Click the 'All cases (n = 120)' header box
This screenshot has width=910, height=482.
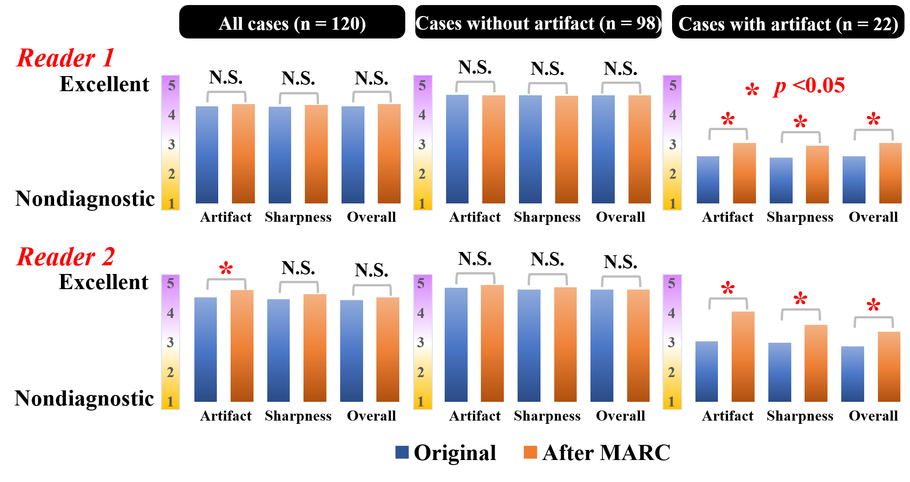click(x=292, y=22)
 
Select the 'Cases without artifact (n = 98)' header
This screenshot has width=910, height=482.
click(x=538, y=22)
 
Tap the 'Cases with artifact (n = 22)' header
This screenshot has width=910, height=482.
click(x=788, y=23)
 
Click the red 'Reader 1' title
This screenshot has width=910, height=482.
click(x=65, y=58)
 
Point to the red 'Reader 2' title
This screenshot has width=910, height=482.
click(x=65, y=257)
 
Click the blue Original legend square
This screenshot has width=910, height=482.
click(x=402, y=452)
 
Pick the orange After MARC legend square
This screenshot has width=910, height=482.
click(x=530, y=452)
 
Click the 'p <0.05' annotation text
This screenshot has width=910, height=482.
click(x=810, y=86)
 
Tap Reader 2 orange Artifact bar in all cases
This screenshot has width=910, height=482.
click(x=242, y=346)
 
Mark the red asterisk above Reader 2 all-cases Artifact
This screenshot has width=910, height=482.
click(x=226, y=268)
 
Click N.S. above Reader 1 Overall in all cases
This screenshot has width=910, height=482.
click(x=371, y=78)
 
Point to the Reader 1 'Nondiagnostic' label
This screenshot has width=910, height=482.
click(x=85, y=199)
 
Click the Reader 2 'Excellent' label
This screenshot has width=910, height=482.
click(x=104, y=282)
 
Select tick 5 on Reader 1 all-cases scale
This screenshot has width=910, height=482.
click(x=171, y=85)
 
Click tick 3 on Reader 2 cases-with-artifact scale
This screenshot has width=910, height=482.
click(x=671, y=342)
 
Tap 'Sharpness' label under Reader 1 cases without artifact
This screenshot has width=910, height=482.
click(x=547, y=217)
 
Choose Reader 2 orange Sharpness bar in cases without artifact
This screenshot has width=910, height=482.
click(x=565, y=345)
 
